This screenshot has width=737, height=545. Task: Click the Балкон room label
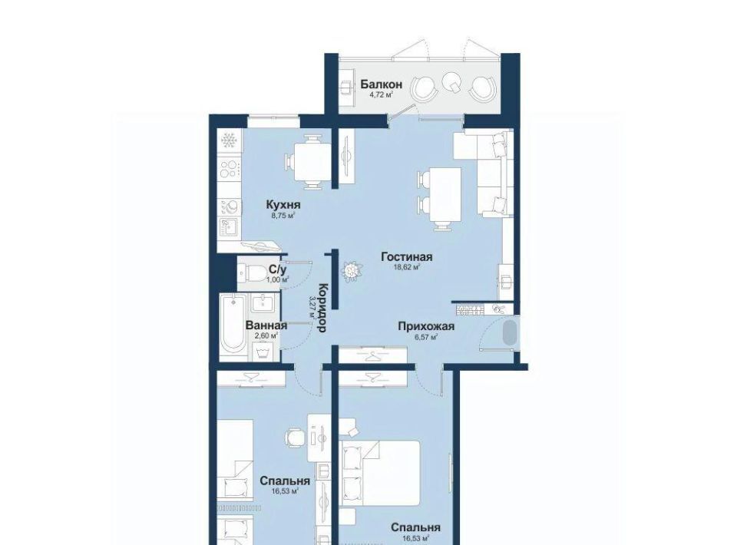click(382, 84)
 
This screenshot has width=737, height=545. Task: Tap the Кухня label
click(283, 205)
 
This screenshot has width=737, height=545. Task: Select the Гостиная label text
click(407, 257)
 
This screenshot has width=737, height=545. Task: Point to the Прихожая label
click(426, 326)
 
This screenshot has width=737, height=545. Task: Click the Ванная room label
click(266, 325)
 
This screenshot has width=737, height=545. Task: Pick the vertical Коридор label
click(322, 308)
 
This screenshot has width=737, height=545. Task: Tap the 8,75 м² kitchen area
click(283, 216)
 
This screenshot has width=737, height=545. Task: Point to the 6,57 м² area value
click(426, 336)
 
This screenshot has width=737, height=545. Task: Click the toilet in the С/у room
click(252, 272)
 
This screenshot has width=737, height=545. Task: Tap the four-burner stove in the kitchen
click(230, 169)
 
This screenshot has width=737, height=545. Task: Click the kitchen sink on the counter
click(229, 226)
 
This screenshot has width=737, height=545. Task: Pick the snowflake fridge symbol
click(230, 140)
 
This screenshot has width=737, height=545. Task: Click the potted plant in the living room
click(351, 271)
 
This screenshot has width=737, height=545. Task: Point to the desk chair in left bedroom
click(294, 437)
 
